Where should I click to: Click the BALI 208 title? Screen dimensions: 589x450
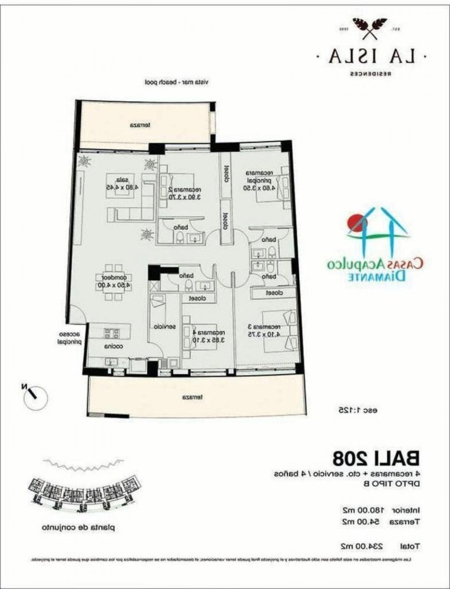click(x=375, y=456)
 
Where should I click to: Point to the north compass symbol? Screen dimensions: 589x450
click(x=34, y=396)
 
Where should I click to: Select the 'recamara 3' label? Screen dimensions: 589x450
click(x=270, y=326)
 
